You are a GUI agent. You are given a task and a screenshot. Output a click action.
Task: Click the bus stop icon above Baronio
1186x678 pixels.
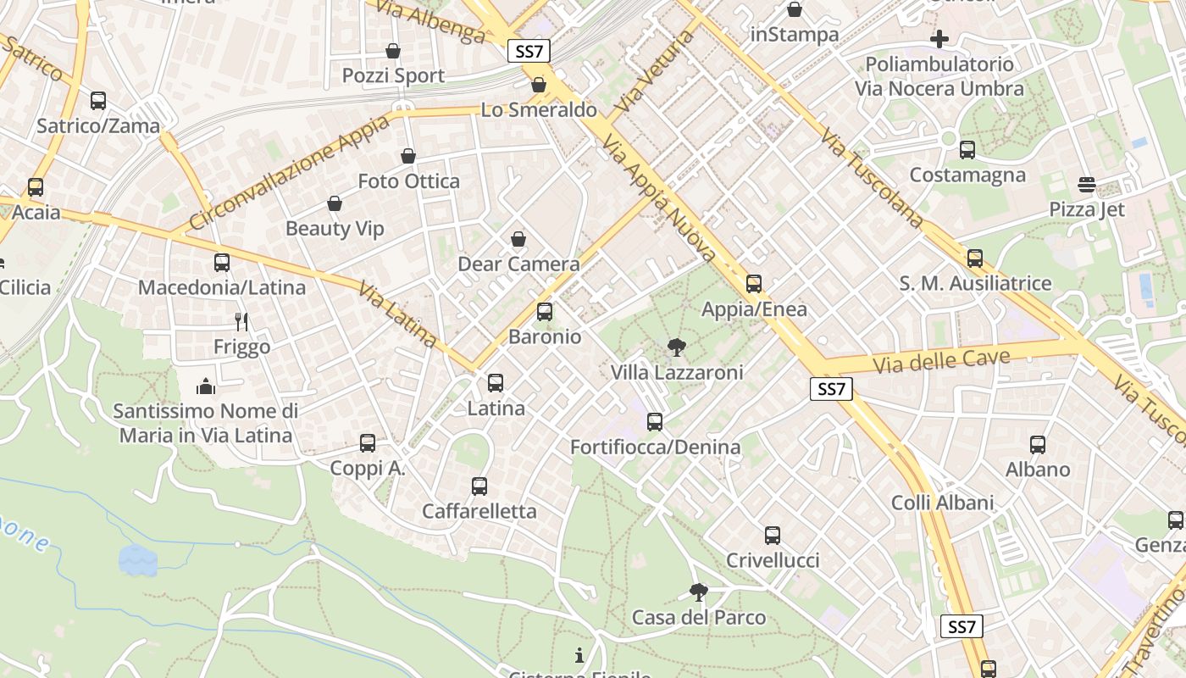click(545, 312)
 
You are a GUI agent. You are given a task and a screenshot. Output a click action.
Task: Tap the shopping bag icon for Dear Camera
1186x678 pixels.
click(518, 240)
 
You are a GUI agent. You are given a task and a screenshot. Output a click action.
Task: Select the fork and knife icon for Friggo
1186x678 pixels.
click(242, 322)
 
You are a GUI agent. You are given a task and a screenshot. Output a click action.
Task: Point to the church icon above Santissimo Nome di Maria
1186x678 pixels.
click(206, 387)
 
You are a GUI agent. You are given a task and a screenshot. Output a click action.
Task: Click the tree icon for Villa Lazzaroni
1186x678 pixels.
click(676, 347)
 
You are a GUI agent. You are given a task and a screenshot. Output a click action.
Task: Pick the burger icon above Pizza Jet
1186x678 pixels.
click(1087, 185)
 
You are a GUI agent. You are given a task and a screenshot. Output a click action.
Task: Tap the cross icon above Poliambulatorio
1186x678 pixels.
click(939, 39)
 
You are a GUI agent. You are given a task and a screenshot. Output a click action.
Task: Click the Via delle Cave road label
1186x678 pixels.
click(941, 361)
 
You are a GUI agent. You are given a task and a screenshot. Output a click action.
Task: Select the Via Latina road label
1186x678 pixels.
click(397, 315)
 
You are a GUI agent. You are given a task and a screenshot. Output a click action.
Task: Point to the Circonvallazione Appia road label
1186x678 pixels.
click(290, 173)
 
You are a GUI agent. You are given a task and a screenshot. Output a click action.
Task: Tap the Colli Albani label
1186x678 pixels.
click(942, 503)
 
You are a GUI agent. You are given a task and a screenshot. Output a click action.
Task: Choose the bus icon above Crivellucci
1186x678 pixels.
click(773, 536)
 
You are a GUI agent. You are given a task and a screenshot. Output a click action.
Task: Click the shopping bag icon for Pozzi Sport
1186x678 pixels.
click(393, 51)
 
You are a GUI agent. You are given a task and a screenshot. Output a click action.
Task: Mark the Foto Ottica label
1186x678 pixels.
click(408, 181)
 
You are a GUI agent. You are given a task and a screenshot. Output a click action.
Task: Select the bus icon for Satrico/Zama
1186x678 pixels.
click(98, 101)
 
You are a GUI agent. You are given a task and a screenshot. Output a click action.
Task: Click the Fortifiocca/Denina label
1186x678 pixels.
click(655, 447)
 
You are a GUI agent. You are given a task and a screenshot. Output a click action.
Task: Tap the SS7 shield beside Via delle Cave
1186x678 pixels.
click(831, 389)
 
